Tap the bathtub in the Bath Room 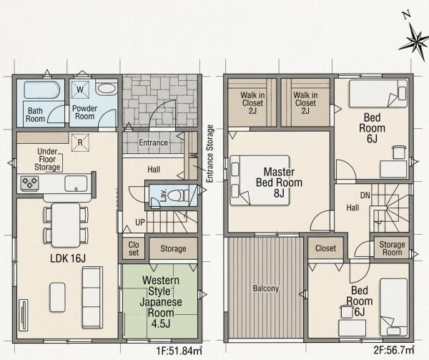[x=41, y=89]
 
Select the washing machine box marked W [x=80, y=89]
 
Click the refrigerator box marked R [x=80, y=142]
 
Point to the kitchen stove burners [x=29, y=183]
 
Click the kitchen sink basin [x=76, y=183]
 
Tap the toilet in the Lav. [x=177, y=195]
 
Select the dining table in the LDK [x=66, y=225]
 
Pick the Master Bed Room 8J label [x=279, y=183]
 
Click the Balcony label [x=266, y=288]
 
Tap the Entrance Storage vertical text [x=209, y=154]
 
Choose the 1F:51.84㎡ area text [x=179, y=351]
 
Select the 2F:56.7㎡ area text [x=394, y=350]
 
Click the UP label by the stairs [x=140, y=223]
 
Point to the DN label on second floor [x=365, y=195]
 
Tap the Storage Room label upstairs [x=392, y=248]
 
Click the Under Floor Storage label [x=47, y=159]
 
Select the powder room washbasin [x=107, y=88]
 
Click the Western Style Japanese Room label [x=161, y=302]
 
